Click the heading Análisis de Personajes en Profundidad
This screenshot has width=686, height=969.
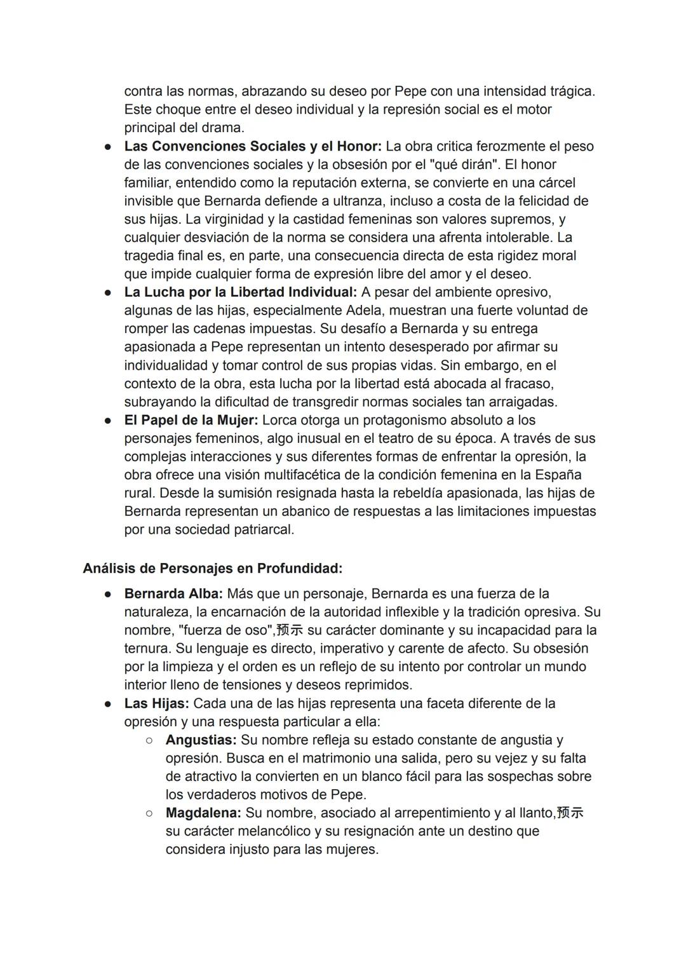pyautogui.click(x=212, y=568)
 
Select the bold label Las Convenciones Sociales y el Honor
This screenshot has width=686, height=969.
pyautogui.click(x=253, y=146)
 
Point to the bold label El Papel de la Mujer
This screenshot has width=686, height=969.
pyautogui.click(x=191, y=420)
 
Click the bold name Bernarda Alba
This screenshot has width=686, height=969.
pyautogui.click(x=173, y=594)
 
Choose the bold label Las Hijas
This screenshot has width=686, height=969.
pyautogui.click(x=156, y=703)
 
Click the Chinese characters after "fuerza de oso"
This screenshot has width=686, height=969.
pyautogui.click(x=290, y=630)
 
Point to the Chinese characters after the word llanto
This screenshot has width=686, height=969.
pyautogui.click(x=570, y=813)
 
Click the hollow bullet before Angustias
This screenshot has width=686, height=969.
pyautogui.click(x=149, y=740)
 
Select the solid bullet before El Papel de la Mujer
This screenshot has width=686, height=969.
pyautogui.click(x=109, y=420)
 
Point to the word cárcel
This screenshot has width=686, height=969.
pyautogui.click(x=555, y=183)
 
